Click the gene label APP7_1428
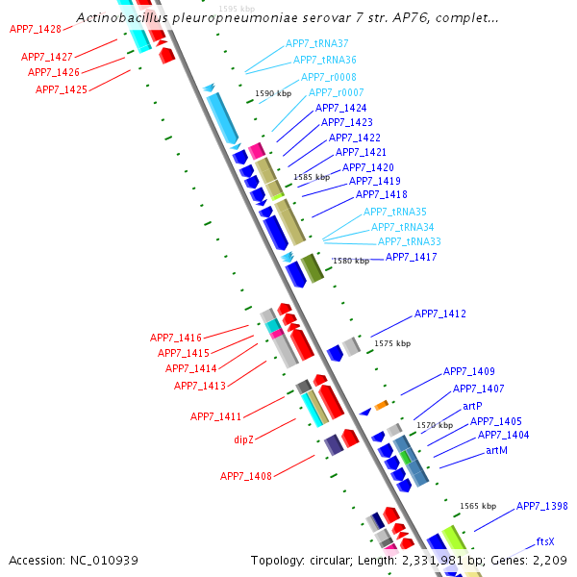[36, 30]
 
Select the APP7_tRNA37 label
[316, 44]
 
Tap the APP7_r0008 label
[329, 77]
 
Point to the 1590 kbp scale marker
[273, 94]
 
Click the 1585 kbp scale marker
[312, 177]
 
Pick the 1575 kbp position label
[392, 343]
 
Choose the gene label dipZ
[244, 439]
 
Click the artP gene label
[472, 406]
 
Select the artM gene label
[496, 450]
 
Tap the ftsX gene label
[545, 541]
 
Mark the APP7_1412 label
[440, 314]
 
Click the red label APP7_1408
[246, 476]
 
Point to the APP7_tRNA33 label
[410, 241]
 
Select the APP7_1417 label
[412, 257]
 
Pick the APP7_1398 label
[542, 506]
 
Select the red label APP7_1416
[176, 338]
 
